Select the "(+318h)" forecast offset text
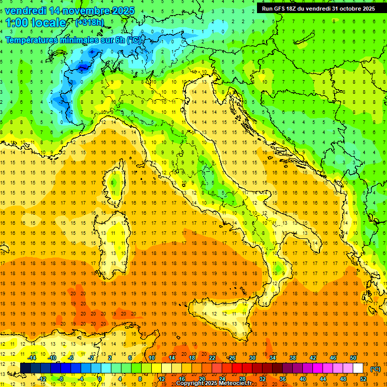click(91, 23)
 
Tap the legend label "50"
click(353, 358)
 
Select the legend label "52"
click(363, 379)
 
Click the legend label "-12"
click(42, 379)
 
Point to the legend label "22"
click(212, 358)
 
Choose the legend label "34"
click(273, 358)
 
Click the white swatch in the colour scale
click(358, 368)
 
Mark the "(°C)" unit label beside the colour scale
click(375, 369)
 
